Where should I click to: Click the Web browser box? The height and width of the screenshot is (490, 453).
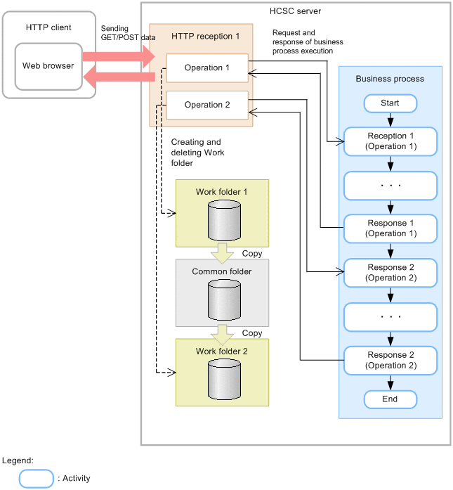[x=48, y=66]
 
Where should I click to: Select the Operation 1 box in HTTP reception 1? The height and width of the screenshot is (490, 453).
[x=207, y=68]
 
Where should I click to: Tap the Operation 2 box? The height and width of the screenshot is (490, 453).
[x=207, y=105]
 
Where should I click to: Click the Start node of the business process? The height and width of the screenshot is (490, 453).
[x=390, y=103]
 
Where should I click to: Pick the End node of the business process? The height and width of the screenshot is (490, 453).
[x=390, y=399]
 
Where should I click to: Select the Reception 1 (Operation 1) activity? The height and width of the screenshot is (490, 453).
[x=390, y=141]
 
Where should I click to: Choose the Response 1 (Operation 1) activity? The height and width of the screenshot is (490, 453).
[x=390, y=228]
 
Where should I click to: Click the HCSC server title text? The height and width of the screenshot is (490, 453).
[x=296, y=11]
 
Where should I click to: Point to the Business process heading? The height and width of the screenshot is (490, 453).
[x=390, y=79]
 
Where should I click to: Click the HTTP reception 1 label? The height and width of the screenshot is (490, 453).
[x=201, y=36]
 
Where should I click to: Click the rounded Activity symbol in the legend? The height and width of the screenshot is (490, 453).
[x=37, y=478]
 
